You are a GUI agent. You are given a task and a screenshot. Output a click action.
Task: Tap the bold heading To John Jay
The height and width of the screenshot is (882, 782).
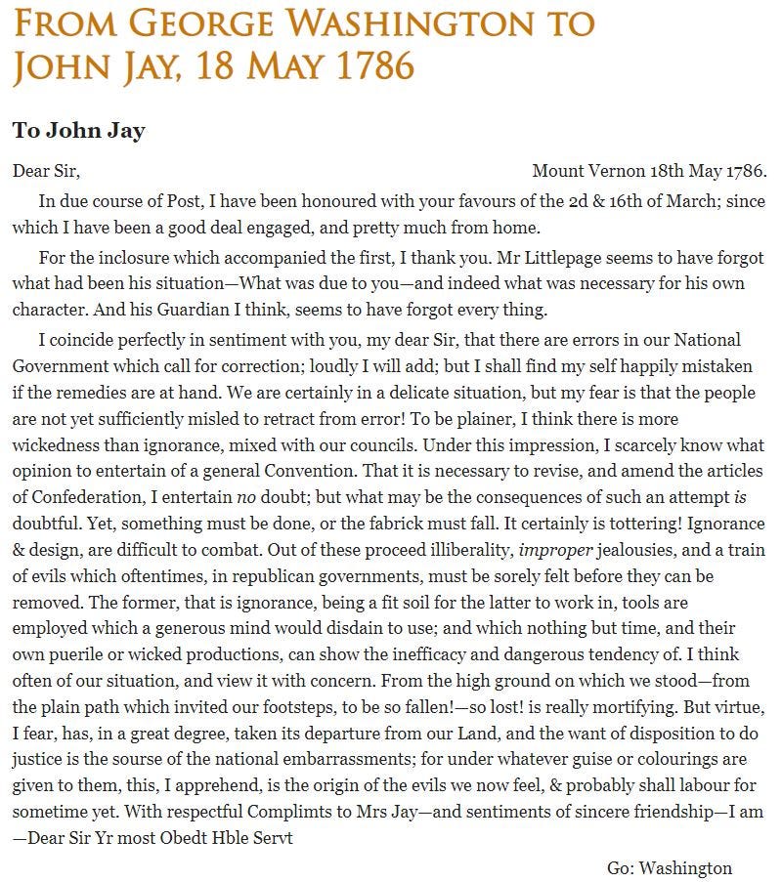[78, 130]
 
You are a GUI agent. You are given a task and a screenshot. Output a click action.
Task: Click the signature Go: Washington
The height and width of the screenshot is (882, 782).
[670, 867]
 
